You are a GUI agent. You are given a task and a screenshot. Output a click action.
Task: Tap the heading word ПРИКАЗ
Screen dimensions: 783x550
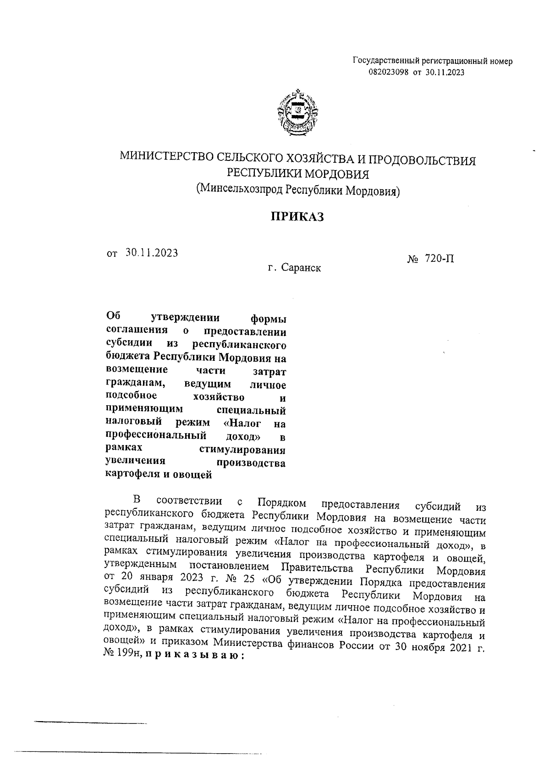296,217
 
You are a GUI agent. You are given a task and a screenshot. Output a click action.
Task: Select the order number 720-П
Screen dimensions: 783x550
440,259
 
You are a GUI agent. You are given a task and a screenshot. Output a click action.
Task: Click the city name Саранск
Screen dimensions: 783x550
301,268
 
